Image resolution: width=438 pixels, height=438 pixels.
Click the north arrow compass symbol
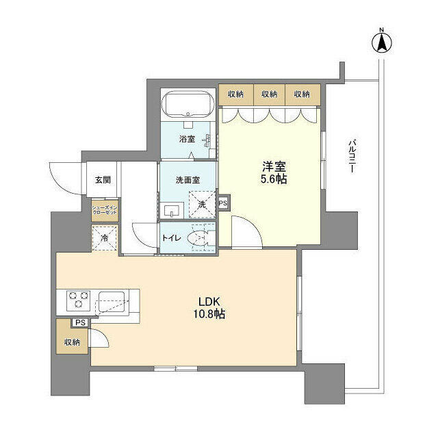pyautogui.click(x=382, y=42)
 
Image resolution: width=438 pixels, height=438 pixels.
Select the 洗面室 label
pyautogui.click(x=187, y=181)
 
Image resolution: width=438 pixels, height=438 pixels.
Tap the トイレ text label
pyautogui.click(x=172, y=239)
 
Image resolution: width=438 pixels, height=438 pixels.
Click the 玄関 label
pyautogui.click(x=103, y=181)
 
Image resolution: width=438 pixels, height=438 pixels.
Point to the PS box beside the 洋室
pyautogui.click(x=224, y=203)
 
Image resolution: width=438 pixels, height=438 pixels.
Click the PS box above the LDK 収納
pyautogui.click(x=81, y=323)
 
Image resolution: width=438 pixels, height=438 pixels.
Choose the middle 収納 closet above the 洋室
pyautogui.click(x=270, y=94)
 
